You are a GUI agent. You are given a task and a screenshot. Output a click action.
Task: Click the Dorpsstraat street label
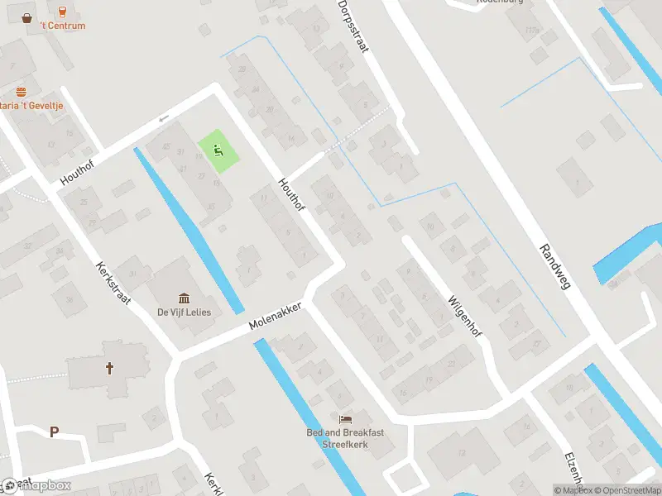click(x=353, y=26)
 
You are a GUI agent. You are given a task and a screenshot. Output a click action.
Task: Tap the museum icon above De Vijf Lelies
click(x=184, y=298)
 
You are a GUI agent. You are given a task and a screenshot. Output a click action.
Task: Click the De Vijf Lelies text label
click(x=184, y=312)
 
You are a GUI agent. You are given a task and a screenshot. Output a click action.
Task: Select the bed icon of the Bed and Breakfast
click(x=345, y=420)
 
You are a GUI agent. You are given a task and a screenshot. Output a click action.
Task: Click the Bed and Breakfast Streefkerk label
click(x=345, y=438)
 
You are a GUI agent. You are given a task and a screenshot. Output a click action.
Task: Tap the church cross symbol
click(x=108, y=369)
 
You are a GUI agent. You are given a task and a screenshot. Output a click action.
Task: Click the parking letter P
click(x=55, y=432)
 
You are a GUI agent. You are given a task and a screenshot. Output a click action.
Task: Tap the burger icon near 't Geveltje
click(x=22, y=92)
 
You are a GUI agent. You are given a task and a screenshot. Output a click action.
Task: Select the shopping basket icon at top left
click(x=27, y=17)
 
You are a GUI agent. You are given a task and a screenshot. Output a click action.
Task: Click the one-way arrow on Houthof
click(x=164, y=118)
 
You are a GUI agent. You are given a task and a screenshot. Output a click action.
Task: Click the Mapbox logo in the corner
click(x=37, y=485)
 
